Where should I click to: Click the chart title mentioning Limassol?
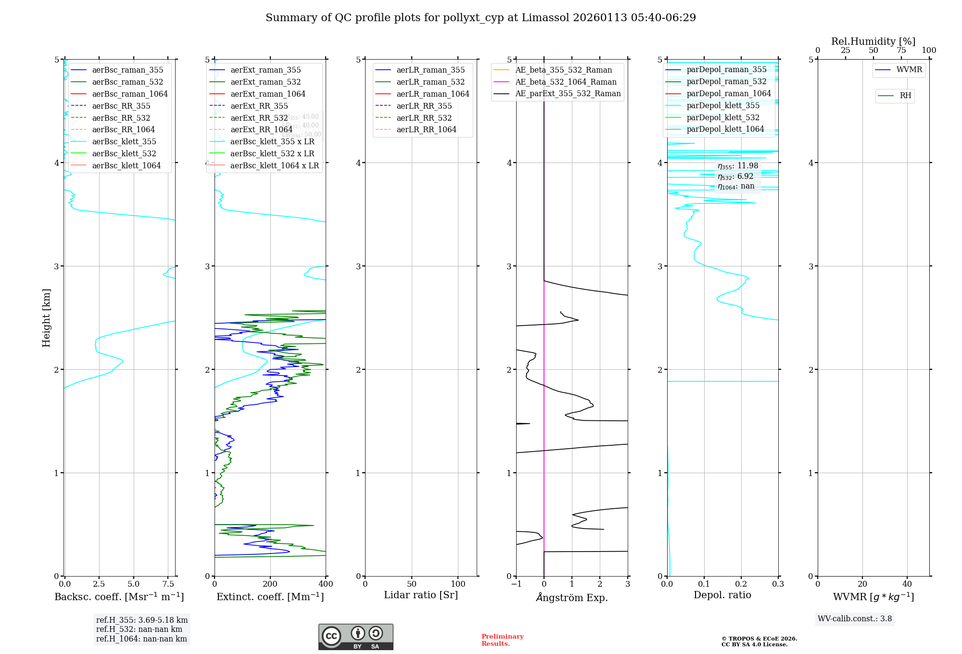[x=481, y=18]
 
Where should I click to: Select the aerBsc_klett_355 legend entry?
[x=124, y=141]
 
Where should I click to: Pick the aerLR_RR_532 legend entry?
[x=424, y=118]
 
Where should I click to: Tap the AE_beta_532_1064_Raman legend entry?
[x=566, y=82]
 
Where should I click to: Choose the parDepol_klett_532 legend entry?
[x=722, y=117]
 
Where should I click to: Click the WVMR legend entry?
[x=909, y=70]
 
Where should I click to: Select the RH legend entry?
[x=905, y=96]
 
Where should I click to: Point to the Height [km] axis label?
[x=46, y=317]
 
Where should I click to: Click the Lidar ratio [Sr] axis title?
[x=421, y=595]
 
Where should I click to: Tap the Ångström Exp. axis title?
[x=571, y=597]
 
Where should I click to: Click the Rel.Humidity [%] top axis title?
[x=873, y=41]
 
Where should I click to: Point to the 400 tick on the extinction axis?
[x=326, y=584]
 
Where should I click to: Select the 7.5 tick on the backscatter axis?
[x=168, y=584]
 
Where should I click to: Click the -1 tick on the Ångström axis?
[x=516, y=584]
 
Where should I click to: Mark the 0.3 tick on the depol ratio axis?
[x=778, y=584]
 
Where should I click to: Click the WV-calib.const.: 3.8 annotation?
[x=855, y=618]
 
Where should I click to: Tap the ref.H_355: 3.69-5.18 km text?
[x=142, y=620]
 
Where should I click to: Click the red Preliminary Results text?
[x=502, y=640]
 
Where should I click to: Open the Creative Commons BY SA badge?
[x=355, y=637]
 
